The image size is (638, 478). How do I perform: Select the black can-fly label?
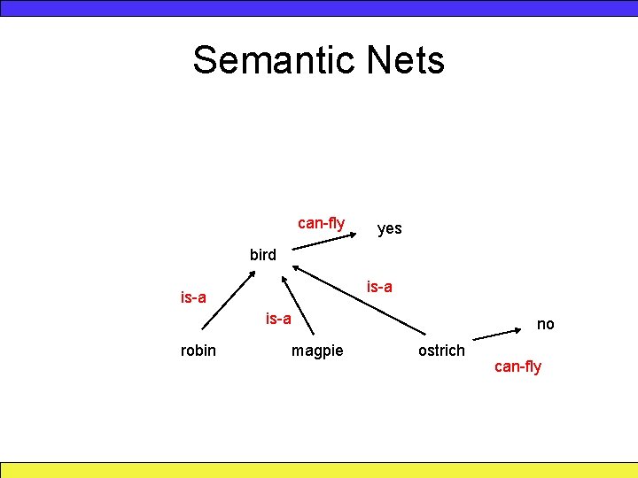[x=321, y=223]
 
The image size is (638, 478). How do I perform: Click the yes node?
[x=389, y=228]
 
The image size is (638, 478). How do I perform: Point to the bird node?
[x=262, y=255]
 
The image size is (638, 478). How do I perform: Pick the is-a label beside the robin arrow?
[x=193, y=297]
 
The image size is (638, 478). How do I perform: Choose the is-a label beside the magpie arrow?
[x=278, y=317]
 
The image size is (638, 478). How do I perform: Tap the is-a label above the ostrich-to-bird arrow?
[x=379, y=287]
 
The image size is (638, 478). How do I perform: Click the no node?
[x=545, y=324]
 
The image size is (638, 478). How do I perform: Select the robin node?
[x=198, y=351]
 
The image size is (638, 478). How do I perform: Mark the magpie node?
[x=317, y=351]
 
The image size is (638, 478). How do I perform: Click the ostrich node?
[x=441, y=351]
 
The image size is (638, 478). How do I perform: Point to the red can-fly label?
[x=517, y=366]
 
